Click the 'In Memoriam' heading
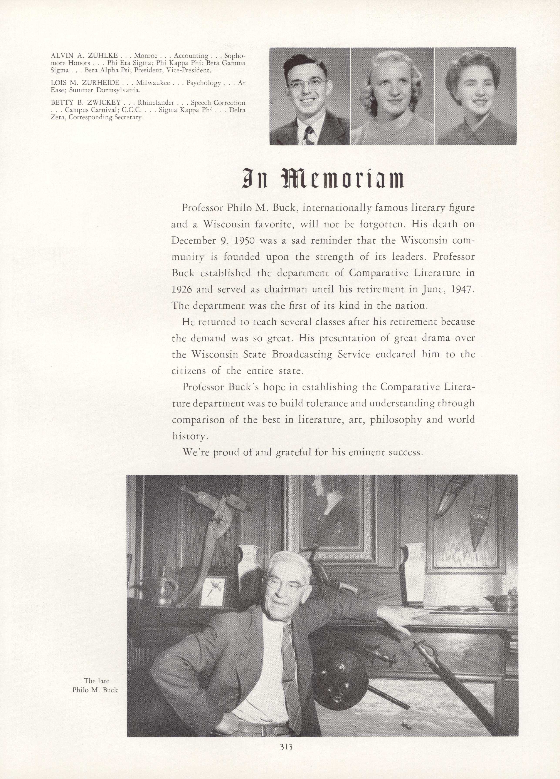point(323,179)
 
